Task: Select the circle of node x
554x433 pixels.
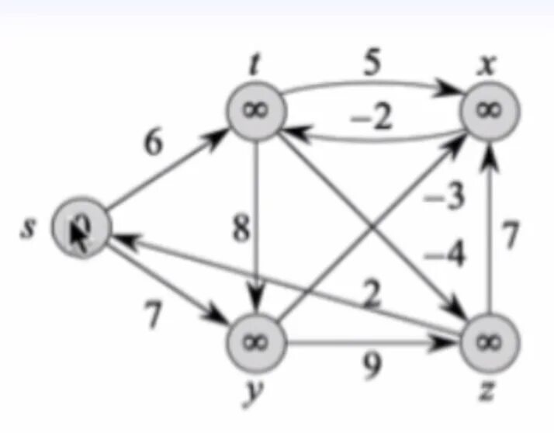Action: (490, 111)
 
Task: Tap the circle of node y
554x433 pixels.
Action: (255, 342)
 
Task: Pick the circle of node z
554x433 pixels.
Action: (490, 342)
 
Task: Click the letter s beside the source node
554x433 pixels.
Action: (28, 229)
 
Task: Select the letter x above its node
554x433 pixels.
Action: (487, 68)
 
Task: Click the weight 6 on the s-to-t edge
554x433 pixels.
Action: (155, 144)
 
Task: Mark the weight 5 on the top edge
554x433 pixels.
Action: (373, 65)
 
